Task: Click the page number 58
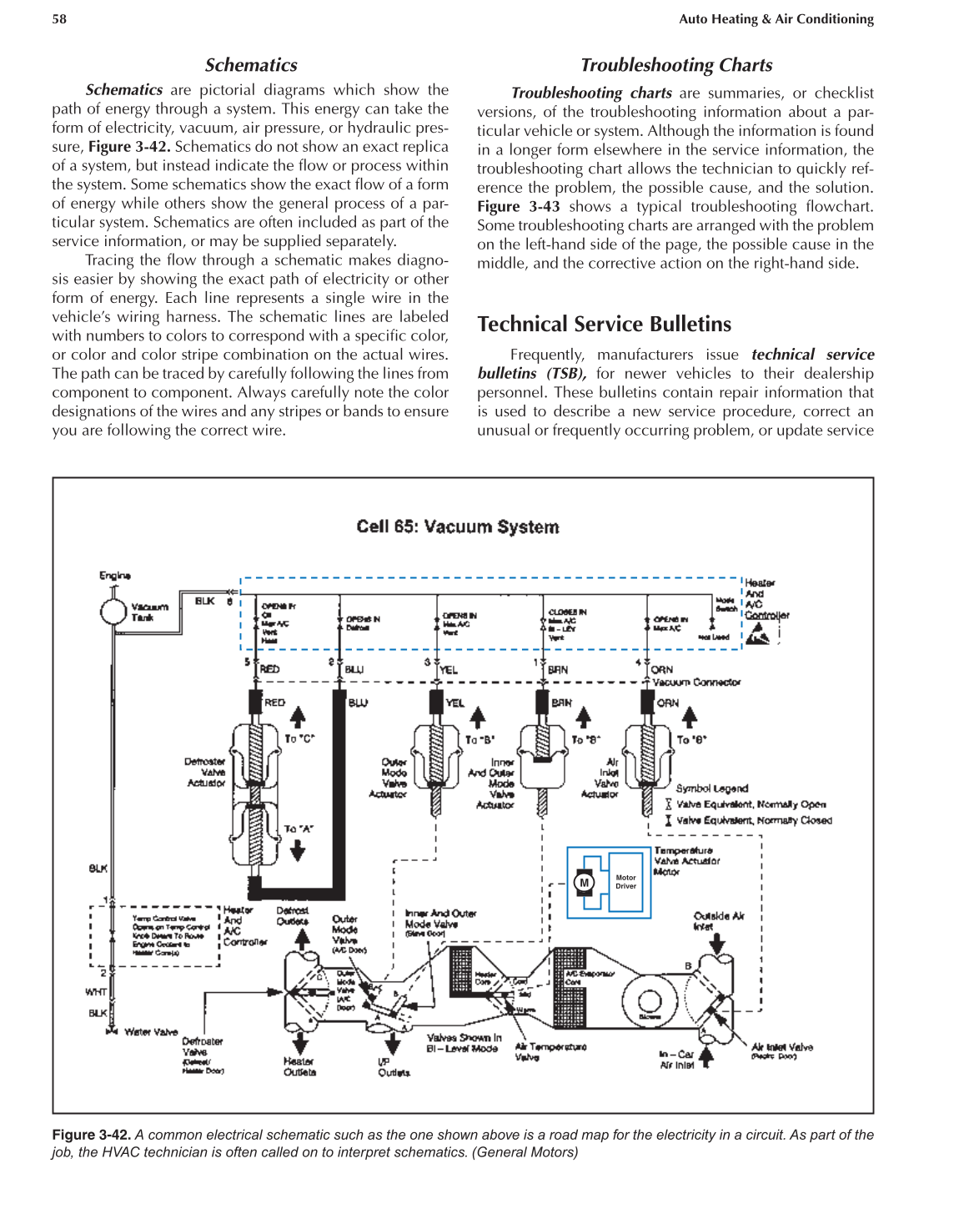click(x=59, y=19)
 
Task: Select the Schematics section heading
click(x=251, y=65)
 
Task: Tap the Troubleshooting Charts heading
click(x=676, y=65)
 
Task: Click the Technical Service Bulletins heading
click(x=604, y=324)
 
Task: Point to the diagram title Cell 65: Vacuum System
click(x=458, y=526)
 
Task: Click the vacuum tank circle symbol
click(x=113, y=612)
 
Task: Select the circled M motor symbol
click(x=584, y=883)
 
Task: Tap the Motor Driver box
click(x=625, y=882)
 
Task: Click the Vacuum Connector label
click(x=696, y=683)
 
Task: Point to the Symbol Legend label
click(x=711, y=788)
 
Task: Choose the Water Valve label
click(x=150, y=1032)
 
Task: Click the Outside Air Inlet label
click(x=718, y=920)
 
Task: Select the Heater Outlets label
click(x=299, y=1066)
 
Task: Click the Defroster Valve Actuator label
click(x=205, y=772)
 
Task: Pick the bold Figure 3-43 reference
click(x=518, y=207)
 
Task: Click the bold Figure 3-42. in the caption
click(x=91, y=1135)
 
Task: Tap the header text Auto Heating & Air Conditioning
click(x=776, y=19)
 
